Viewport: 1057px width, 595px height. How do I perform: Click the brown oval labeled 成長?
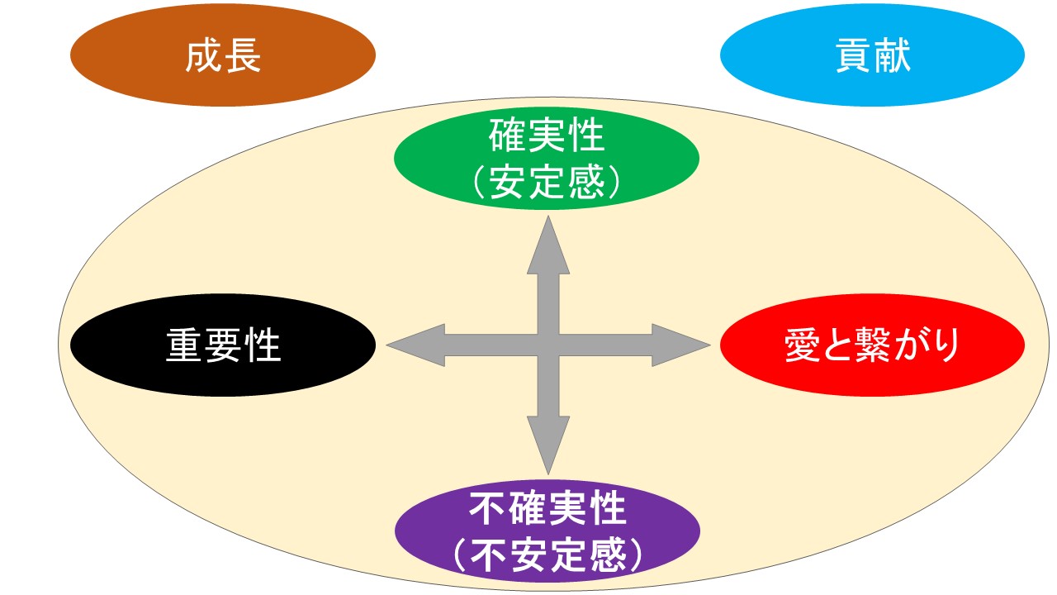click(x=223, y=56)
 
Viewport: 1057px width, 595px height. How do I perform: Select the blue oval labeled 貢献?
click(x=873, y=56)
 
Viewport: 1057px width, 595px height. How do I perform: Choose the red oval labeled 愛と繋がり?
click(x=873, y=345)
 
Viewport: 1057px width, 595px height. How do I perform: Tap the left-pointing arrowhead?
click(x=413, y=345)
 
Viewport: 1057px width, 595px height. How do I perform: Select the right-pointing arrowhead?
click(x=684, y=345)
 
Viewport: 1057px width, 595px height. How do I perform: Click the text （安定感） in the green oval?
click(x=547, y=183)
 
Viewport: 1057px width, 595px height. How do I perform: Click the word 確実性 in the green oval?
click(x=547, y=136)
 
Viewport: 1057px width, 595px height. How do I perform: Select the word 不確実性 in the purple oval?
click(x=547, y=508)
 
